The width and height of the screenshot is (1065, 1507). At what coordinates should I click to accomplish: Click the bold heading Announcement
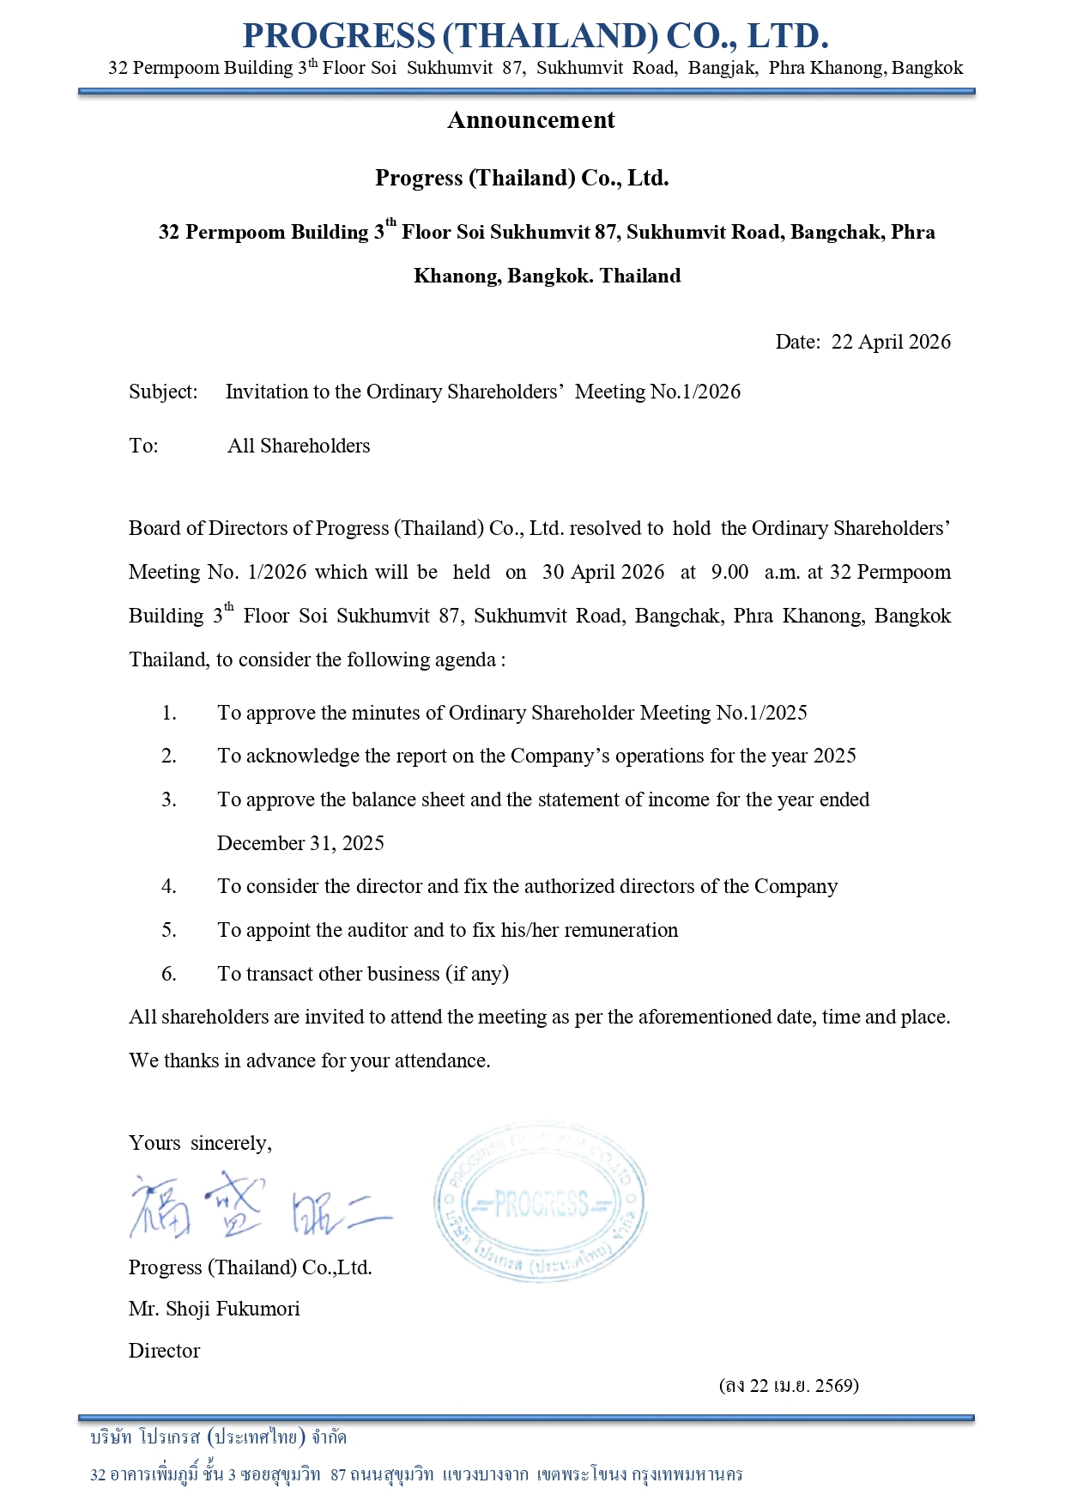pyautogui.click(x=531, y=120)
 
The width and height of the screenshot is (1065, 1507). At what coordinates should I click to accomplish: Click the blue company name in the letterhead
pyautogui.click(x=535, y=36)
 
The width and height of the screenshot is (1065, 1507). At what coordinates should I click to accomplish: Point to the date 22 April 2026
pyautogui.click(x=890, y=342)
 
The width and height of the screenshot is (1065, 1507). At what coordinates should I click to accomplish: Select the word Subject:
pyautogui.click(x=163, y=392)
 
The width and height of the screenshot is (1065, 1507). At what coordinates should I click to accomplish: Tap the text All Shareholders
pyautogui.click(x=299, y=446)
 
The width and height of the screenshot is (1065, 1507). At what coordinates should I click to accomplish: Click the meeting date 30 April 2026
pyautogui.click(x=603, y=572)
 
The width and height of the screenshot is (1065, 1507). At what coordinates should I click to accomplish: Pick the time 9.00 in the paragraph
pyautogui.click(x=729, y=572)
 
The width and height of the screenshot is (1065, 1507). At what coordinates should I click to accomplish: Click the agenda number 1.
pyautogui.click(x=169, y=713)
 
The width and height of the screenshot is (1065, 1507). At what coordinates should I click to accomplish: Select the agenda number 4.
pyautogui.click(x=169, y=886)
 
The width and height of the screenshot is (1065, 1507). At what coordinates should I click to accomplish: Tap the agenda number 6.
pyautogui.click(x=169, y=974)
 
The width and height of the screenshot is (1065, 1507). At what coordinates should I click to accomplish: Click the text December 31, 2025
pyautogui.click(x=300, y=843)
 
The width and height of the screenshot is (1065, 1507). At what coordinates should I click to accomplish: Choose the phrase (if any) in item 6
pyautogui.click(x=477, y=974)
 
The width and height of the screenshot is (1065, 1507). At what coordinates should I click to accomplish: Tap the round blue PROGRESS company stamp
pyautogui.click(x=541, y=1202)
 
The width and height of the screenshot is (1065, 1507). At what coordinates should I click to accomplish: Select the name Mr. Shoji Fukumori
pyautogui.click(x=215, y=1309)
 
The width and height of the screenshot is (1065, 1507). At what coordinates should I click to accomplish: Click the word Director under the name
pyautogui.click(x=164, y=1351)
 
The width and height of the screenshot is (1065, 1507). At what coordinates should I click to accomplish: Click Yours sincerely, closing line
pyautogui.click(x=200, y=1143)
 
